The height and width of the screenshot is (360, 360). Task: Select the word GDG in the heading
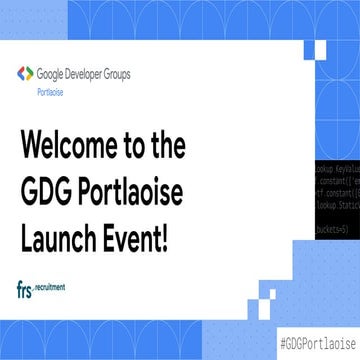click(47, 180)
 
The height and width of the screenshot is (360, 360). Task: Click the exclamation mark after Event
click(162, 212)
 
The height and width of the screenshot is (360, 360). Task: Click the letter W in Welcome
click(32, 147)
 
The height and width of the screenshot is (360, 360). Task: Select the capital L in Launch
click(25, 212)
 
